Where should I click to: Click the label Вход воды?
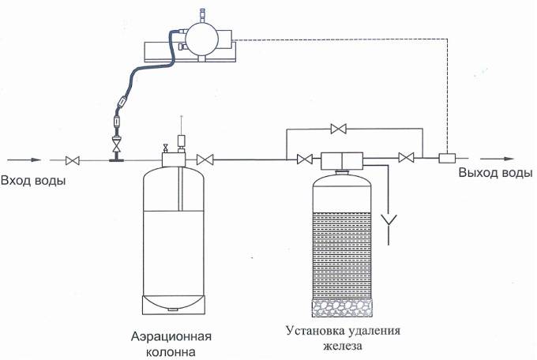34,182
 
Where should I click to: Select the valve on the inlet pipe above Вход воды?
74,160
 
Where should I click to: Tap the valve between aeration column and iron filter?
205,159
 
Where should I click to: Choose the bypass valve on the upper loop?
340,128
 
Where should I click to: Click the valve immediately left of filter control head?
303,159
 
